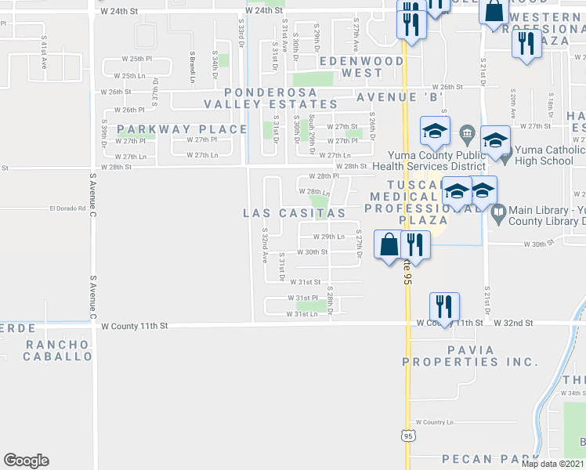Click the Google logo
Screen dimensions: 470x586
point(26,461)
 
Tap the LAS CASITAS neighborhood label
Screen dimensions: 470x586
point(295,213)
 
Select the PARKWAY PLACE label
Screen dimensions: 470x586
point(172,128)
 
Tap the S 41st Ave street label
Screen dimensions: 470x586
point(44,49)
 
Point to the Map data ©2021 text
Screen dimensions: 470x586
point(552,464)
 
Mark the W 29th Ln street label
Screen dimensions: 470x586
point(328,237)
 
